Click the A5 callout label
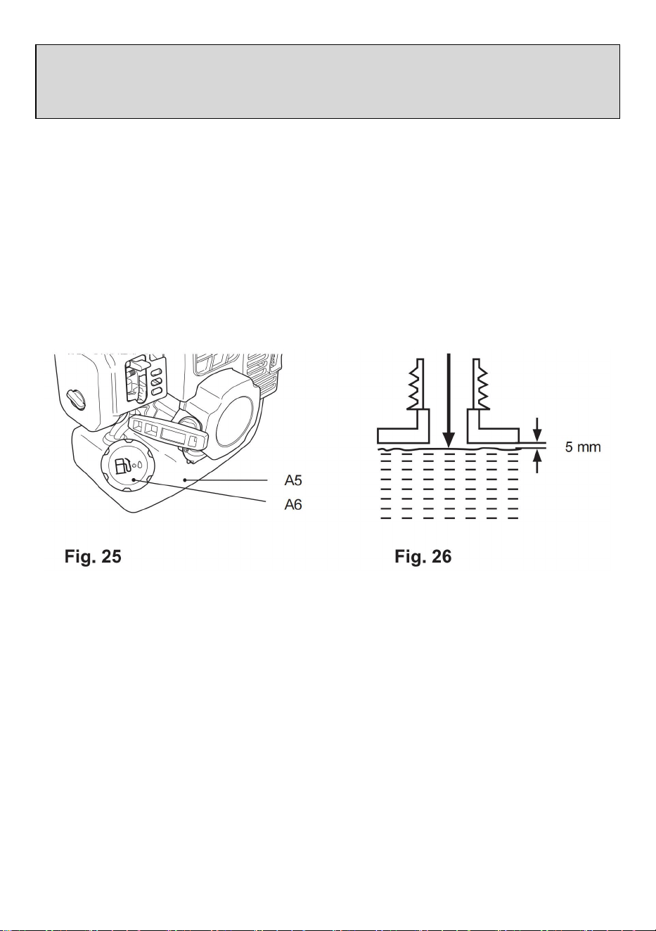click(x=293, y=480)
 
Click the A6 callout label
click(x=293, y=505)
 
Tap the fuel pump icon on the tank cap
click(x=122, y=466)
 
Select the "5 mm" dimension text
click(x=583, y=447)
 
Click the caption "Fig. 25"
click(x=93, y=556)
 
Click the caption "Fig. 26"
click(x=423, y=556)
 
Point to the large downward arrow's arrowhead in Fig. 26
click(x=449, y=440)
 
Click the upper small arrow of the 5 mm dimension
click(x=537, y=430)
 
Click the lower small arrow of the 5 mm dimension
click(x=537, y=462)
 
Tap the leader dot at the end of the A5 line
click(x=185, y=480)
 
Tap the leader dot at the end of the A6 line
click(x=134, y=480)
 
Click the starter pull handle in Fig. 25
click(x=168, y=434)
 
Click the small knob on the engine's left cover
click(x=76, y=399)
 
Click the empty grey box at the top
click(x=328, y=82)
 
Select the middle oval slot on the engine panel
click(x=156, y=381)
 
